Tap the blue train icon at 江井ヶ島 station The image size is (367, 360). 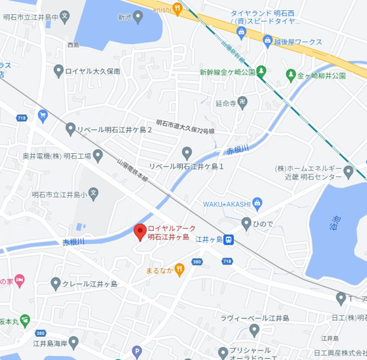[x=230, y=239]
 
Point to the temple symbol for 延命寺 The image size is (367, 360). [x=242, y=102]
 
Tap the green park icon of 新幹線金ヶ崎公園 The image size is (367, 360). [x=261, y=71]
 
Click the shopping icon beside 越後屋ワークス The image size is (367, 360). [x=268, y=42]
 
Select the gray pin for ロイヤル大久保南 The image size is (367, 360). [x=60, y=71]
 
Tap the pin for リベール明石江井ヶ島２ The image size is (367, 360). [x=71, y=130]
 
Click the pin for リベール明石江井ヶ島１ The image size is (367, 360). [x=187, y=154]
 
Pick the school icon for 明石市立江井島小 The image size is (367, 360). [x=93, y=193]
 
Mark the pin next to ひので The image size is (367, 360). [x=246, y=224]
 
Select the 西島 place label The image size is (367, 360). [x=72, y=45]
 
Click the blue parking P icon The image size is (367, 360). [x=136, y=352]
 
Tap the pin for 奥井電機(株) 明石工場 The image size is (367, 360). [x=98, y=156]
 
